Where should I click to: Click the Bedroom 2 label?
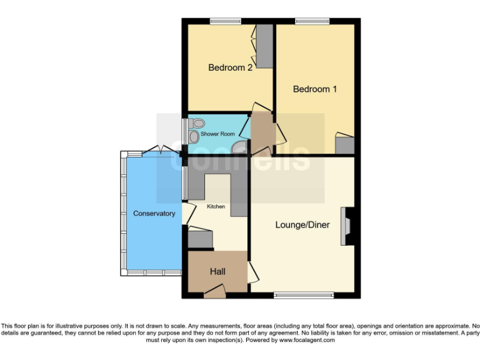click(x=230, y=67)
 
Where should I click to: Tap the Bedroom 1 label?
click(x=315, y=89)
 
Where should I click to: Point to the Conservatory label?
click(x=154, y=214)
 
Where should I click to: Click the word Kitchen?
click(x=216, y=206)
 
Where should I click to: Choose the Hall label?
click(x=217, y=272)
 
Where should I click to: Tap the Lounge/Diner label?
click(x=302, y=225)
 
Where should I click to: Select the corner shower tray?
click(x=239, y=147)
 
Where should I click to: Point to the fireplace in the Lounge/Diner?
click(x=346, y=226)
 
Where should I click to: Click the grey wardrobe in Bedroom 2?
click(x=265, y=46)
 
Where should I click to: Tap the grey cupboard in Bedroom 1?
click(x=344, y=145)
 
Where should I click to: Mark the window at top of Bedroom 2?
click(x=225, y=22)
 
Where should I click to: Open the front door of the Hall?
click(x=214, y=288)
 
